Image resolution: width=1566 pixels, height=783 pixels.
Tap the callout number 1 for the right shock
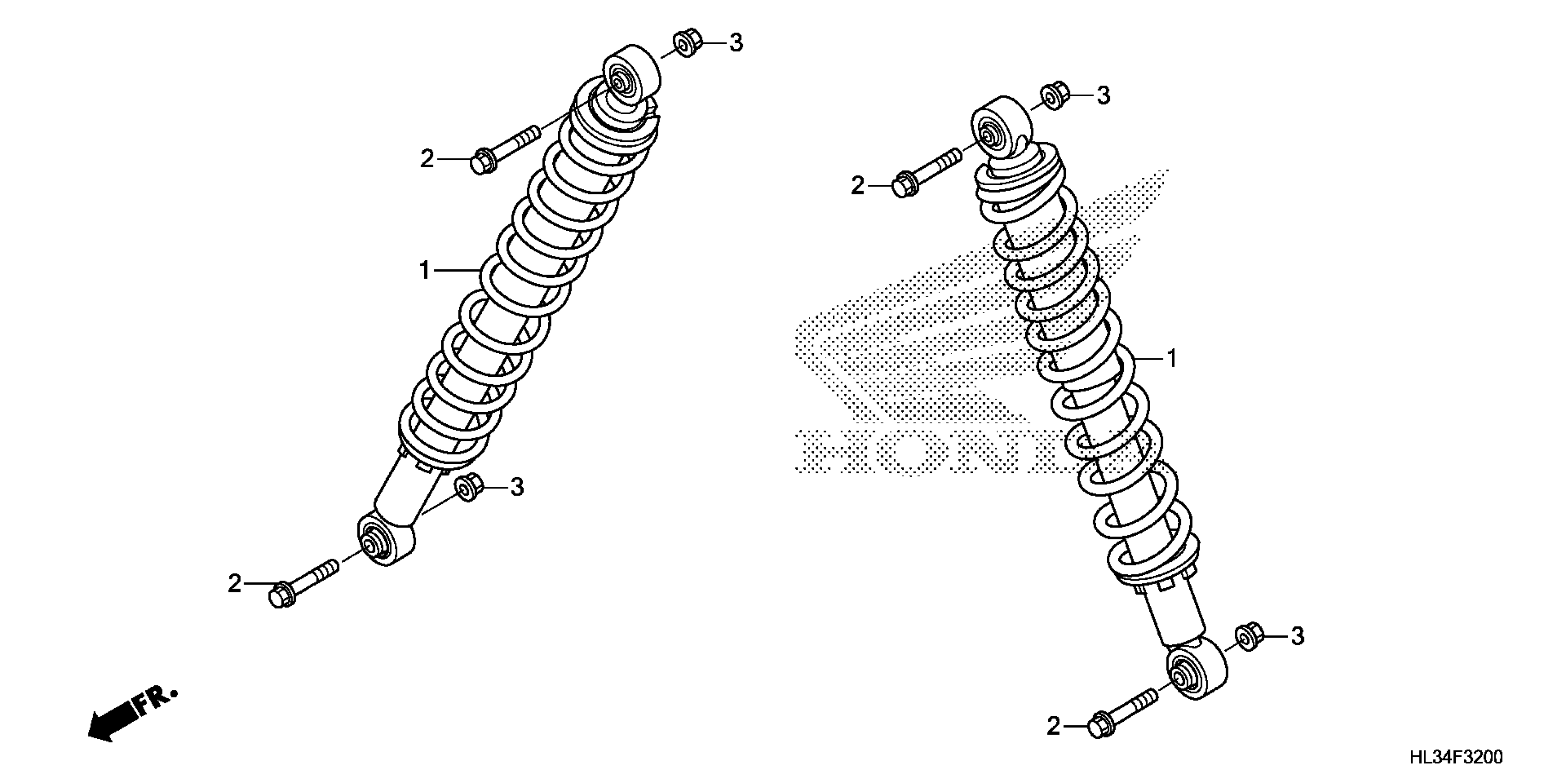[1171, 359]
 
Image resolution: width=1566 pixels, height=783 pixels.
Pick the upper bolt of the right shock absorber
[926, 171]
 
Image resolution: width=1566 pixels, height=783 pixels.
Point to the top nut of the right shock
[1055, 97]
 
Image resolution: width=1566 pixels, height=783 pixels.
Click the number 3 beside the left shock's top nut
[736, 42]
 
